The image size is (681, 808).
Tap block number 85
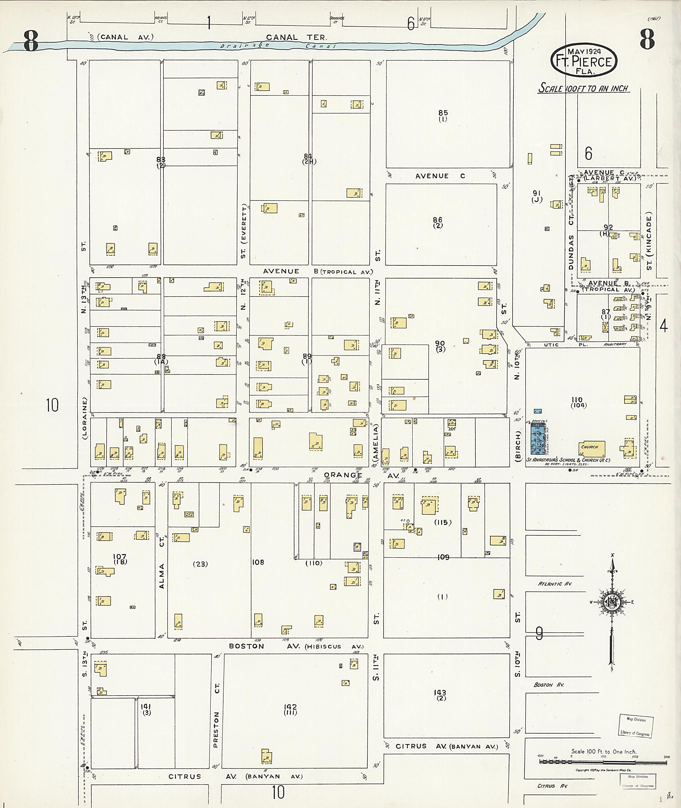443,113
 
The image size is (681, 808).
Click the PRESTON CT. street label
216,715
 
